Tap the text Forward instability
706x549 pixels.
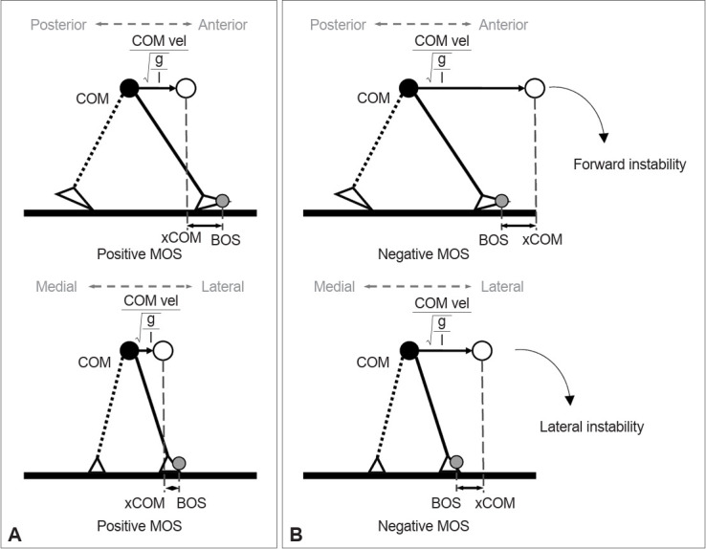pos(630,165)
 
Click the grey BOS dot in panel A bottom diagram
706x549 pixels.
pos(179,464)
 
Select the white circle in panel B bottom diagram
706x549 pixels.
pos(482,351)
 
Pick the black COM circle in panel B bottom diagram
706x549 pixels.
pos(409,351)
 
